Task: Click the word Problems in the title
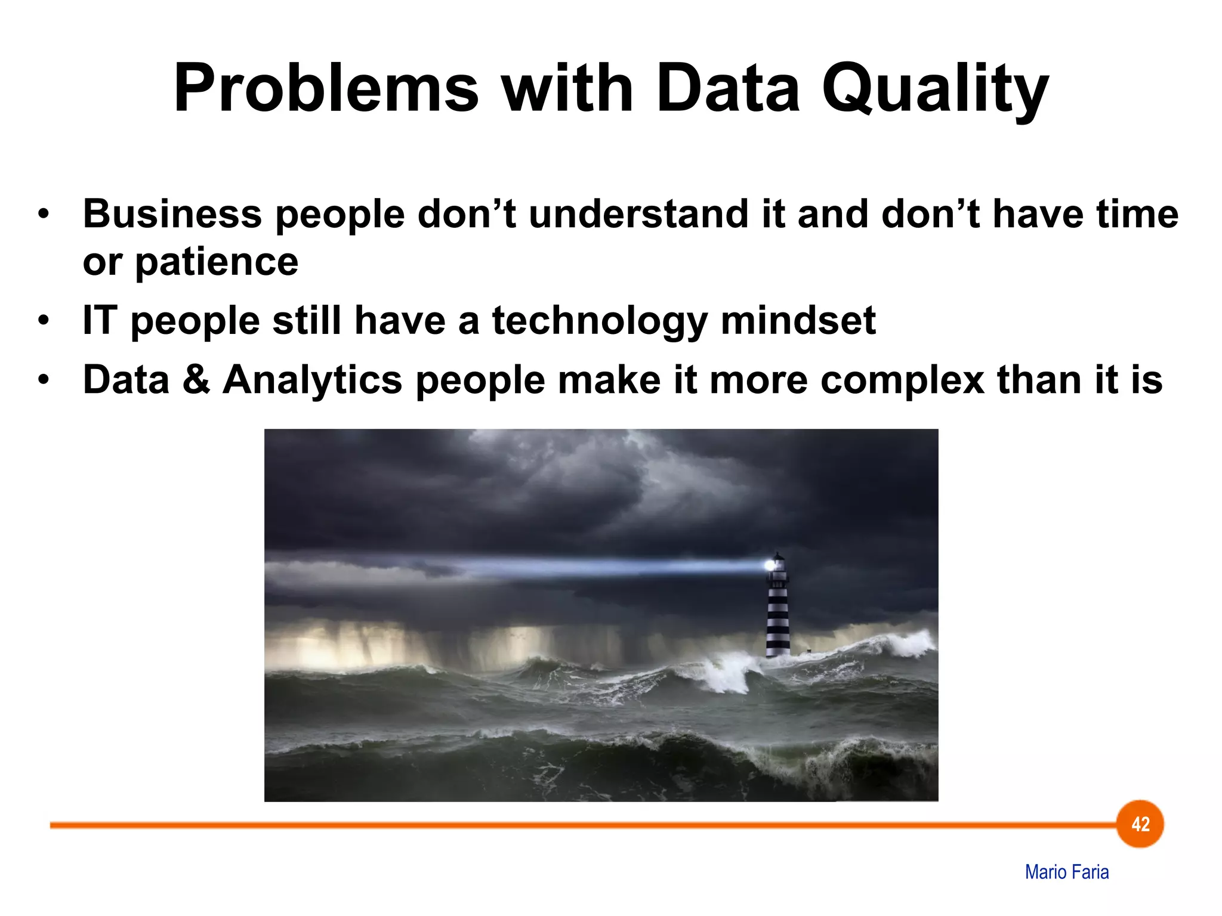326,88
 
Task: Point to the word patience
216,262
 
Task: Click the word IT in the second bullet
98,320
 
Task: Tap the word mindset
798,320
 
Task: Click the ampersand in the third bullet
196,379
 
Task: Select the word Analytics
312,380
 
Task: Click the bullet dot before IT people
43,321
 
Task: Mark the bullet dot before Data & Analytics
43,380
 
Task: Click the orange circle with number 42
1140,824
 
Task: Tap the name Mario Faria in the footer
1067,872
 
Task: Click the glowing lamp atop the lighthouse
772,564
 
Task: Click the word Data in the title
727,88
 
